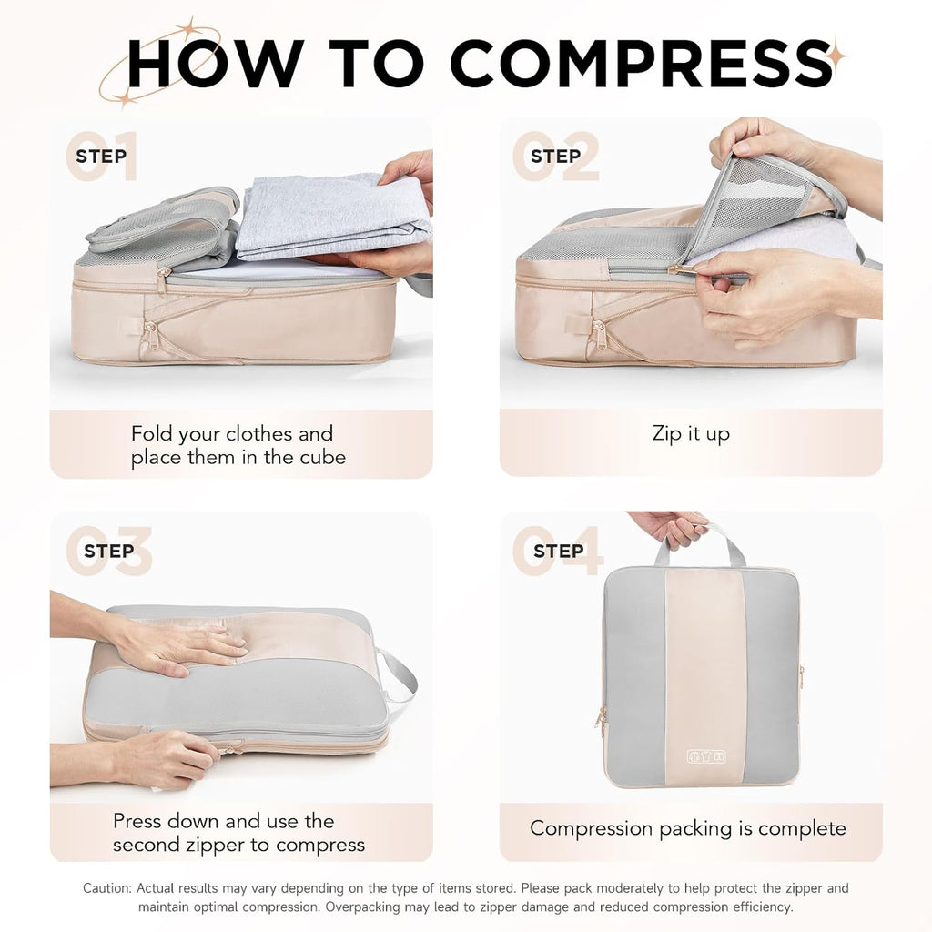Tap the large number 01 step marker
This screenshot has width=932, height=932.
(x=101, y=157)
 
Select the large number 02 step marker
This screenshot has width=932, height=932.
(x=555, y=157)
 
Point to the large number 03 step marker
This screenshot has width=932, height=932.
(x=108, y=551)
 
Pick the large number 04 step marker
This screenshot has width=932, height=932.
(x=558, y=551)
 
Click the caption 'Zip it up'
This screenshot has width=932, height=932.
(x=691, y=433)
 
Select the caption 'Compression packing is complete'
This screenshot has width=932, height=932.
(x=688, y=828)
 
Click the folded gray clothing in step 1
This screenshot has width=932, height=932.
(x=328, y=217)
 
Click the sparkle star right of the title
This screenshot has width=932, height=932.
(x=832, y=56)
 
